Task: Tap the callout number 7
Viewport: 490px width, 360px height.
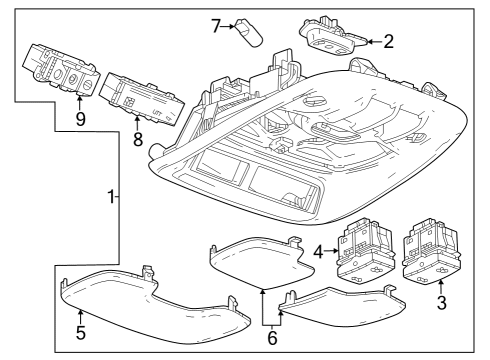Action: coord(214,24)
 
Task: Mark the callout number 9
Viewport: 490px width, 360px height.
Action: coord(80,118)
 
